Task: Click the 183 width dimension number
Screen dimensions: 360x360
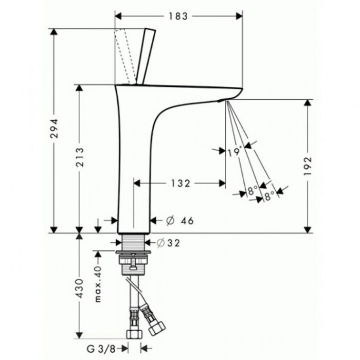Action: tap(178, 16)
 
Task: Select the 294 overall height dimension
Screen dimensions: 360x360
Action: tap(54, 129)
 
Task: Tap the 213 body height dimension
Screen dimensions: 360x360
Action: tap(80, 157)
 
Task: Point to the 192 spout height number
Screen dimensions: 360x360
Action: tap(308, 166)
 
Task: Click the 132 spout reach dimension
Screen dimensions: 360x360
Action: tap(181, 184)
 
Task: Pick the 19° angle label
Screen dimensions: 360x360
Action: tap(235, 152)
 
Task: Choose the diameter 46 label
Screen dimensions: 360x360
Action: tap(180, 221)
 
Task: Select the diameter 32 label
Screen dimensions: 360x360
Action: tap(168, 243)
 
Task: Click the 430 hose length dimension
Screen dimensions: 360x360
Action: tap(79, 289)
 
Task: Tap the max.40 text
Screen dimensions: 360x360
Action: tap(98, 284)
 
